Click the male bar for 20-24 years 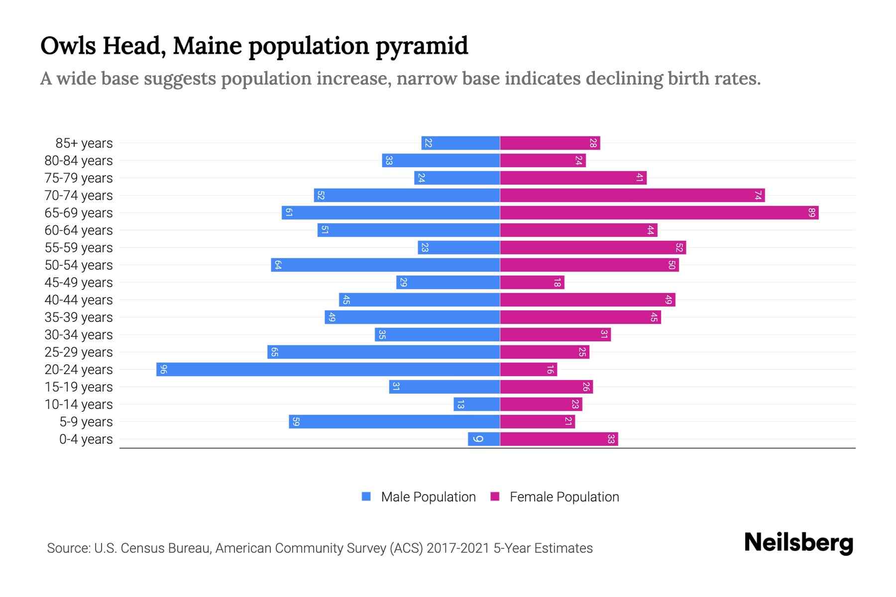[x=328, y=369]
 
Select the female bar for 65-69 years [x=659, y=213]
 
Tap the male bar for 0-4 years [x=484, y=439]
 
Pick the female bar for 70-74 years [x=632, y=196]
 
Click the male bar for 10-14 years [x=476, y=404]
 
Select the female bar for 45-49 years [x=532, y=283]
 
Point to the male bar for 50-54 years [x=385, y=265]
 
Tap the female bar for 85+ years [x=550, y=143]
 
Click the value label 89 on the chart [x=812, y=213]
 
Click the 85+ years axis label [x=84, y=143]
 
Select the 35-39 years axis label [x=79, y=317]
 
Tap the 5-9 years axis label [x=86, y=422]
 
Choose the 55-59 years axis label [x=79, y=248]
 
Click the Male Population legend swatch [x=366, y=497]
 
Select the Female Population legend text [x=564, y=497]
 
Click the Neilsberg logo [x=798, y=543]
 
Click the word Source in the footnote [x=68, y=548]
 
